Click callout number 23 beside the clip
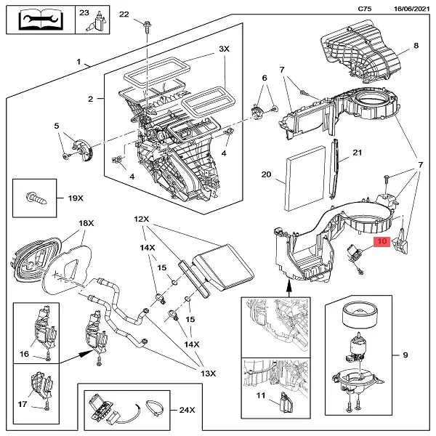click(x=84, y=14)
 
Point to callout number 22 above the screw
click(x=124, y=15)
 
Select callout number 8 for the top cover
click(x=416, y=47)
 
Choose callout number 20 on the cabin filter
click(x=266, y=174)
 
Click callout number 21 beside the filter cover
click(x=356, y=153)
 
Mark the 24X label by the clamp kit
click(x=187, y=410)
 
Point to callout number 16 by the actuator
click(x=24, y=354)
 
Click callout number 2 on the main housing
click(x=91, y=98)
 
